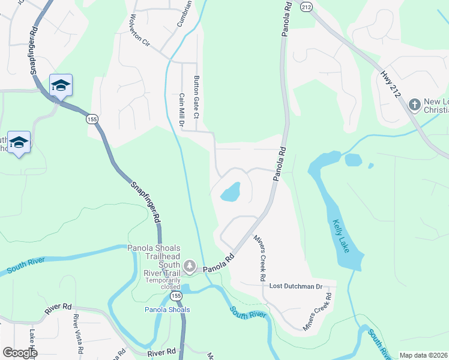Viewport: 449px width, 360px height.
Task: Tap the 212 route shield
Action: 307,7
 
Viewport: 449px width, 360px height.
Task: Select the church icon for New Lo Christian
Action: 414,105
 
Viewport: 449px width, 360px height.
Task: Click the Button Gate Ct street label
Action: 196,97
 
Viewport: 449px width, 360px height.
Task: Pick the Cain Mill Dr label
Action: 181,110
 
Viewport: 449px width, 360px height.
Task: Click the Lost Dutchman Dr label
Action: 295,287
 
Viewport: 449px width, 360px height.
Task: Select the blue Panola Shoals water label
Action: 167,310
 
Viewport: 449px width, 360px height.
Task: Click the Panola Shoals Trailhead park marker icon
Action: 190,265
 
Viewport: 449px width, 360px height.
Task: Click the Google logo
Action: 20,352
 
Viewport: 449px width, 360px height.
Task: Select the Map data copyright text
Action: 424,355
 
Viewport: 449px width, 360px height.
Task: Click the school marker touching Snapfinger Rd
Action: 61,86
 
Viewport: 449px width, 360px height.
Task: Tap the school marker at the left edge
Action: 19,143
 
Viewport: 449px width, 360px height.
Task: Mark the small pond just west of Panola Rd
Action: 231,193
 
